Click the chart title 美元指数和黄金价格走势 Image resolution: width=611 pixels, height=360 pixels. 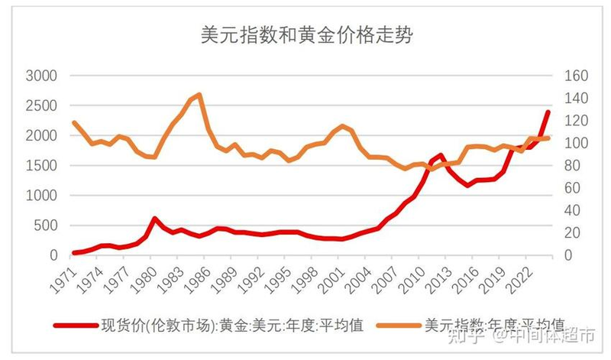(305, 34)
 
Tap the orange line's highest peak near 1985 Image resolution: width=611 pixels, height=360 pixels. (199, 95)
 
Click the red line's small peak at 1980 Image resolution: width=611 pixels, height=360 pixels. (155, 219)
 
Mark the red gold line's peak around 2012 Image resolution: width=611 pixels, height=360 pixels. (441, 155)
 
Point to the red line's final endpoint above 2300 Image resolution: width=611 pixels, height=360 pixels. (548, 112)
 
